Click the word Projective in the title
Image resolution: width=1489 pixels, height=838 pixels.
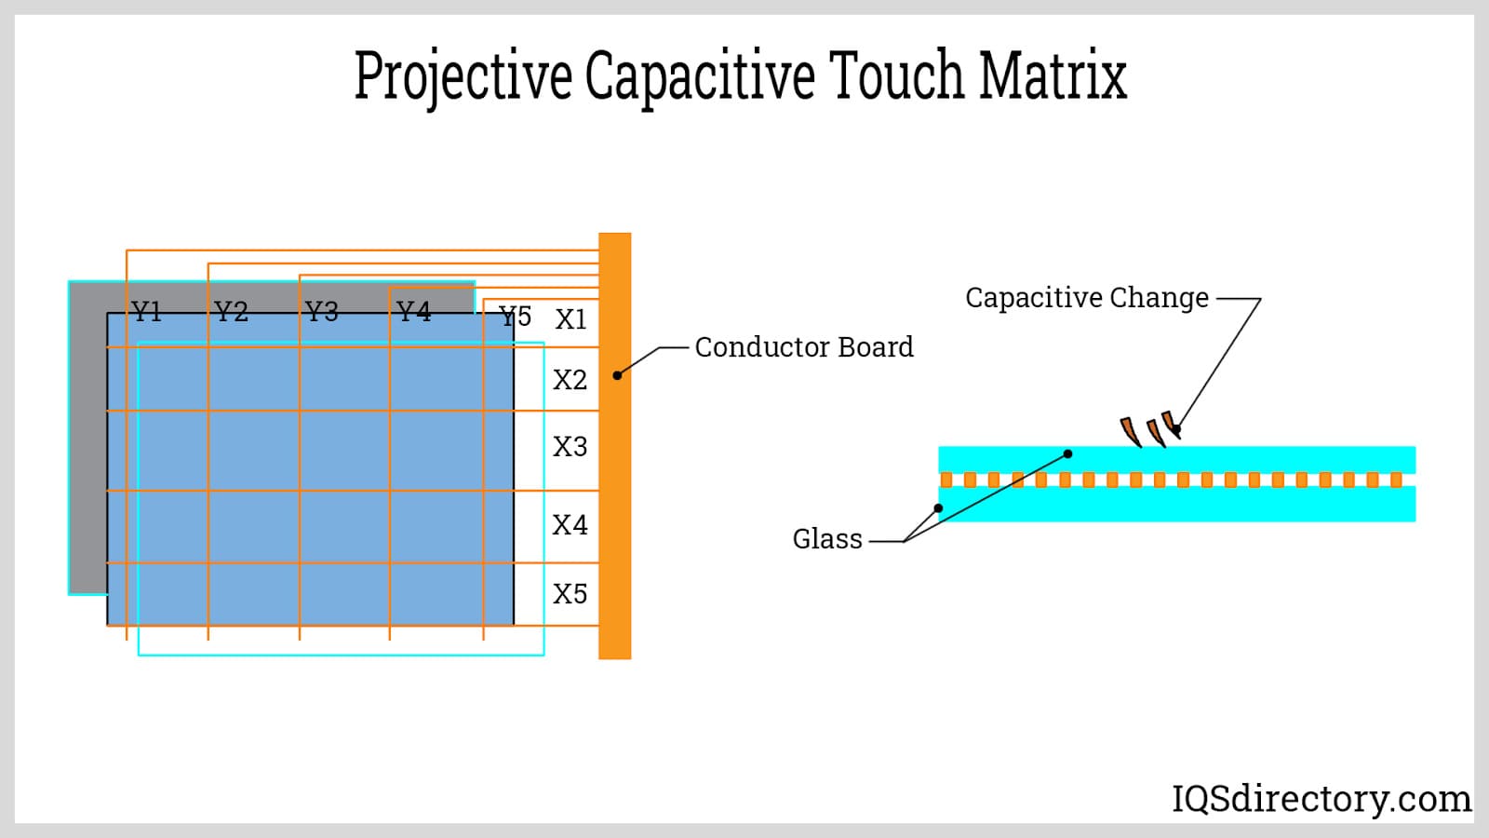463,76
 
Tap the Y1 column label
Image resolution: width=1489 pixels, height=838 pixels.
146,311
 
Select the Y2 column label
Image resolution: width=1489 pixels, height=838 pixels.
231,311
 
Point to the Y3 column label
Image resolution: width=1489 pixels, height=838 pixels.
321,311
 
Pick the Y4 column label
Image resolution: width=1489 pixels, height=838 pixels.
413,311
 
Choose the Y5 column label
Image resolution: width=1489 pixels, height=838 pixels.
516,317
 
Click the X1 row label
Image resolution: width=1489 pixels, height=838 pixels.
570,319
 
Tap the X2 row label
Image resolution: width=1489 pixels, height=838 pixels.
570,380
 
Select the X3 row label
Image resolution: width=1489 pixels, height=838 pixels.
570,447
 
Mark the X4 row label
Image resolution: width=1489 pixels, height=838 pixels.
570,525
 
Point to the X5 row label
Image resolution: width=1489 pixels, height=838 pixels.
570,594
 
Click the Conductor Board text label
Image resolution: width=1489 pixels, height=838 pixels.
804,347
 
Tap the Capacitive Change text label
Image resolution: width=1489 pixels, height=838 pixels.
1086,298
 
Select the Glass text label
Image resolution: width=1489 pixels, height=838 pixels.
827,539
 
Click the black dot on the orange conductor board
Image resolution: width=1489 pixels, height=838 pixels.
617,375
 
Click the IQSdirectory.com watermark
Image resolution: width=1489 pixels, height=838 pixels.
1321,798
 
